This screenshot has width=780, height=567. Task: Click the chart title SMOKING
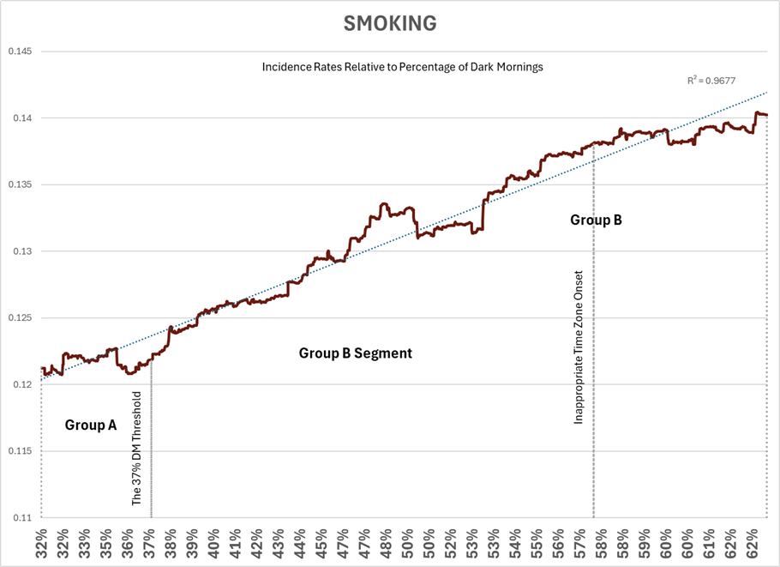(390, 24)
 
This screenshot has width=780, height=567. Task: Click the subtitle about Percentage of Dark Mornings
(403, 66)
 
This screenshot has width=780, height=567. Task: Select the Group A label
(91, 424)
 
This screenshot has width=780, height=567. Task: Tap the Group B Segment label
(355, 353)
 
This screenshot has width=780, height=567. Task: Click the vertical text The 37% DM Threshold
(137, 448)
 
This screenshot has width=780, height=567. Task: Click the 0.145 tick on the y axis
(20, 51)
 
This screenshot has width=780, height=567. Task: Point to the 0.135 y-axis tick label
(20, 184)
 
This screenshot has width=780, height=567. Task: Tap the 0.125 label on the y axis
(20, 318)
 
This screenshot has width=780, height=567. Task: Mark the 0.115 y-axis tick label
(20, 451)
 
